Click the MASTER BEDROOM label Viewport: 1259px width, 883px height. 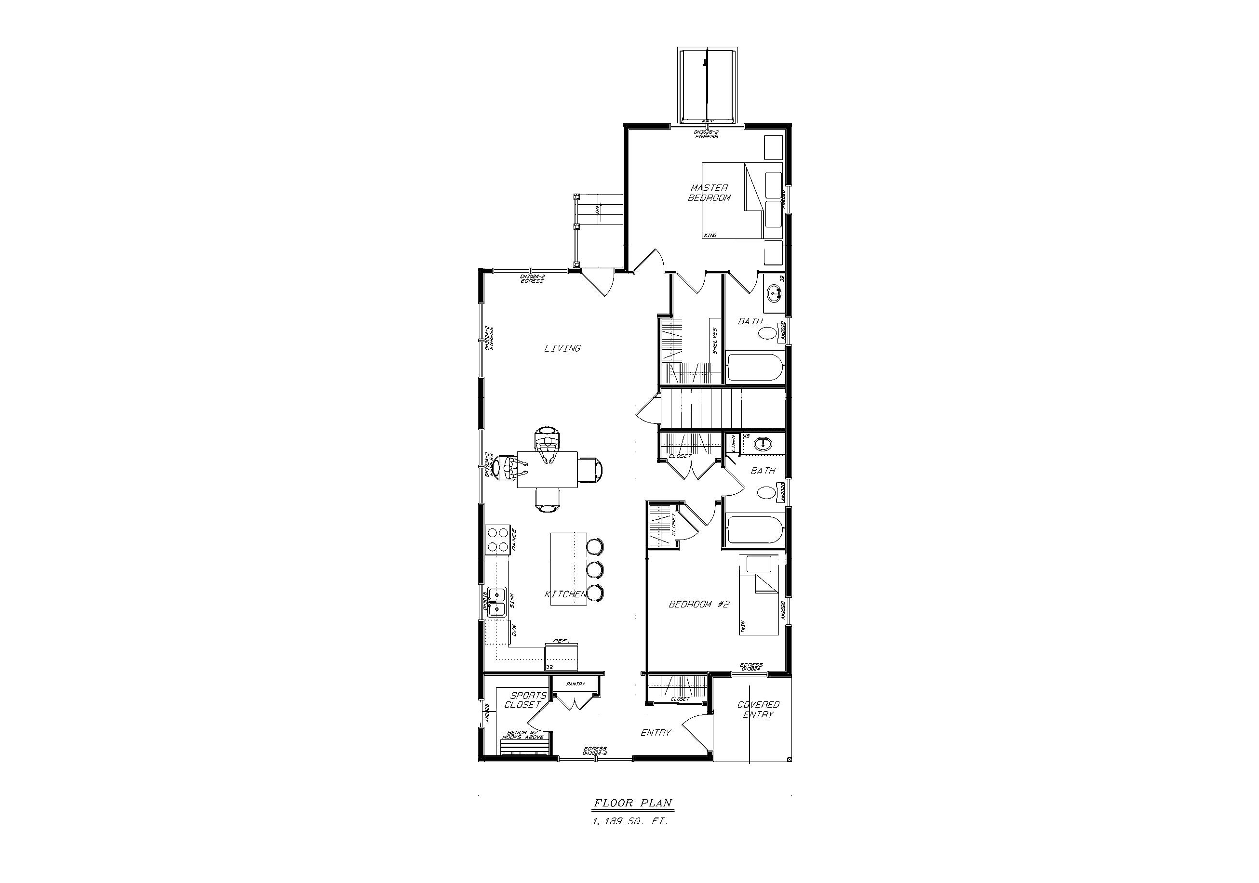(x=709, y=193)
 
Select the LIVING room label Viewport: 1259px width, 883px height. (x=562, y=348)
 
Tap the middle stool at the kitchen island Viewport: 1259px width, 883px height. (x=595, y=569)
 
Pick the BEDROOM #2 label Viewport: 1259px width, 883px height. (x=699, y=604)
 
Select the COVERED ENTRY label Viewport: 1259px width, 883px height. (x=758, y=709)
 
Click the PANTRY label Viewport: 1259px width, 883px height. (x=576, y=684)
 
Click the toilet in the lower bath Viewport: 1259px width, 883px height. (x=766, y=492)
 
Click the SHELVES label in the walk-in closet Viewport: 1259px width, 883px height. (x=714, y=341)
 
